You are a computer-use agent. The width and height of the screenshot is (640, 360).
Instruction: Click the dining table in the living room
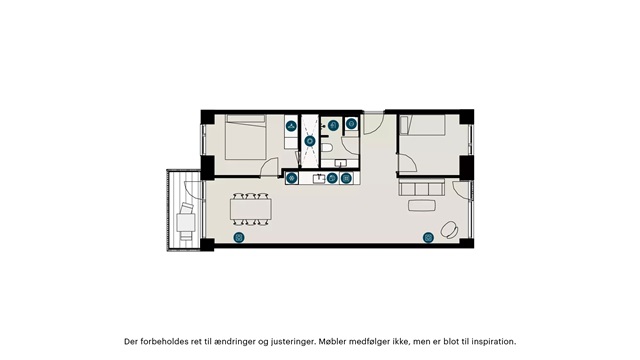(251, 209)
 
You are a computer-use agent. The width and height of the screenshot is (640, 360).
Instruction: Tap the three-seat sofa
(422, 188)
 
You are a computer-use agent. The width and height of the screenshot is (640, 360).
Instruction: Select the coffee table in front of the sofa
(422, 205)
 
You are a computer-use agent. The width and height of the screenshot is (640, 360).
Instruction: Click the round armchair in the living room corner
(449, 229)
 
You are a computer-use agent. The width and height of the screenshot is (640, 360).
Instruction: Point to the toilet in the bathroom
(327, 148)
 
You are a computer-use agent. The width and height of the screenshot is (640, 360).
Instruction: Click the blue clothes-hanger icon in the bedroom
(291, 126)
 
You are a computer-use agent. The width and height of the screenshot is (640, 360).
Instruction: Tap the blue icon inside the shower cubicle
(310, 142)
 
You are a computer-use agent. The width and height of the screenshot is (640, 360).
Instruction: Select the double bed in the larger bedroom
(246, 137)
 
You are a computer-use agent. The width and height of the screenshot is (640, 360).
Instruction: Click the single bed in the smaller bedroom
(422, 125)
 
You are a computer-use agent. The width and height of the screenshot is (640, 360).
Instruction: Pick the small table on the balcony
(186, 222)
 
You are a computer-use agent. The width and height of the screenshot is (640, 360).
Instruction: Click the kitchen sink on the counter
(319, 178)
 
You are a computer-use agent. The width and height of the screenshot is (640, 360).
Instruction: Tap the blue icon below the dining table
(239, 237)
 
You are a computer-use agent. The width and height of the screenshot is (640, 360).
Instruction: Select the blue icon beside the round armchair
(428, 237)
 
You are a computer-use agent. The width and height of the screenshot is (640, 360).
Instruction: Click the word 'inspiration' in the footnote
(493, 342)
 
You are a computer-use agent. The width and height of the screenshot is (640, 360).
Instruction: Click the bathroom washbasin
(340, 163)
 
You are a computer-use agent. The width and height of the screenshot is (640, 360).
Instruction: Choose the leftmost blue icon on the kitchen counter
(291, 178)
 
